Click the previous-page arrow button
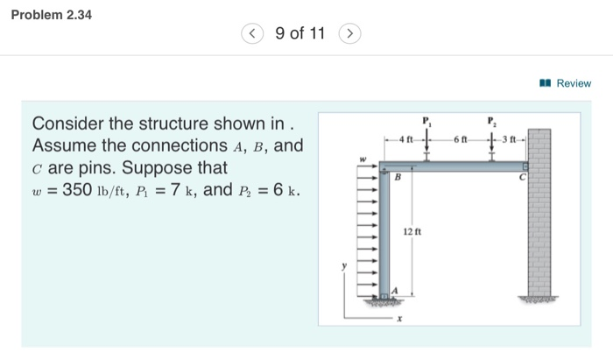252,34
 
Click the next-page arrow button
348,34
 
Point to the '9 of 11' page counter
299,34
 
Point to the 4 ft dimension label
405,139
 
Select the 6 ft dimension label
461,139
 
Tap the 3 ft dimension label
509,139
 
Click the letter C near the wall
520,178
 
